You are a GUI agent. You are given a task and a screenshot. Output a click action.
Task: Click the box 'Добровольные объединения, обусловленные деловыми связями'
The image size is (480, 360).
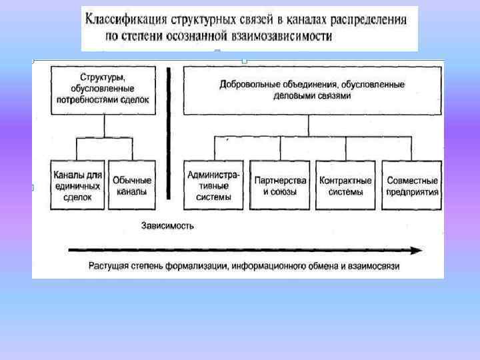pos(312,90)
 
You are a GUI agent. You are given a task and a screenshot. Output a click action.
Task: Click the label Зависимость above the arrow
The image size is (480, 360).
pos(167,225)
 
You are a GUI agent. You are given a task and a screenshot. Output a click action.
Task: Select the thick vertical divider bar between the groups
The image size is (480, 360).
pos(169,133)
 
